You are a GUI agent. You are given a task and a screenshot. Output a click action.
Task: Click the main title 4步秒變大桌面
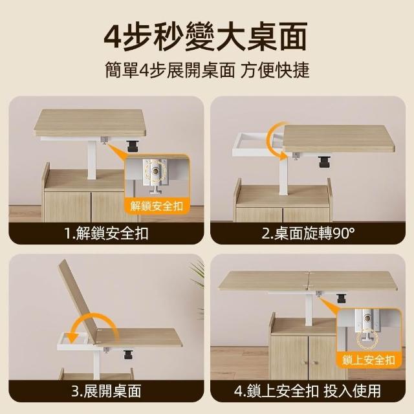click(x=206, y=37)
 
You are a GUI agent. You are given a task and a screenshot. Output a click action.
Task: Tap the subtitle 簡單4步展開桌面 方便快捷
click(x=207, y=71)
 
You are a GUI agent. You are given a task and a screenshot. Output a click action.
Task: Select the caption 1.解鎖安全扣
click(x=106, y=234)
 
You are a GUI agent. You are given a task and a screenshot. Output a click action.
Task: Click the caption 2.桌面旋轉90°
click(x=308, y=234)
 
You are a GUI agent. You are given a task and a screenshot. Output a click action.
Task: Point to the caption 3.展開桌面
click(x=106, y=391)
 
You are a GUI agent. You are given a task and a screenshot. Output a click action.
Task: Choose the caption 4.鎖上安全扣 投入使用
click(x=308, y=391)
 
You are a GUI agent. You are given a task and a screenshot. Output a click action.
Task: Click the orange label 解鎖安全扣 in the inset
click(x=157, y=206)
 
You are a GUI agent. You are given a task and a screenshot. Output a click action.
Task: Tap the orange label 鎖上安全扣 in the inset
click(x=369, y=360)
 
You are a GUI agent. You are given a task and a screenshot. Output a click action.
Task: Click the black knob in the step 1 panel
click(x=131, y=146)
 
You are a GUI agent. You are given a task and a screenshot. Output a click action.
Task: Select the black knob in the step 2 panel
click(x=323, y=162)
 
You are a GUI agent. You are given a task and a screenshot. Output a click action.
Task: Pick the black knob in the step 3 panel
click(x=128, y=354)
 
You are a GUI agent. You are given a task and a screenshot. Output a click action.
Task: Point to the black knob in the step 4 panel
click(x=342, y=298)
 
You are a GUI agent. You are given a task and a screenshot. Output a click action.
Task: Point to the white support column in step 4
click(x=309, y=309)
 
